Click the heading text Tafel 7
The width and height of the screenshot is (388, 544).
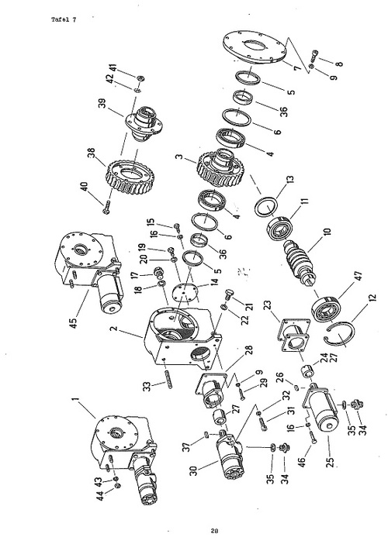[x=64, y=19]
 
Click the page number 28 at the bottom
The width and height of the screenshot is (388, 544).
[x=214, y=531]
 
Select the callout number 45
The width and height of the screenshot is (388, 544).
[x=74, y=322]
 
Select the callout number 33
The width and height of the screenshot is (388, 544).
[x=147, y=385]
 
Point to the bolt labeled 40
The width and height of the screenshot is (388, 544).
[x=106, y=208]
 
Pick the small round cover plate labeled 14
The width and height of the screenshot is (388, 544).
[x=185, y=294]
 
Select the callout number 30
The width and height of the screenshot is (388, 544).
[x=193, y=470]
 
